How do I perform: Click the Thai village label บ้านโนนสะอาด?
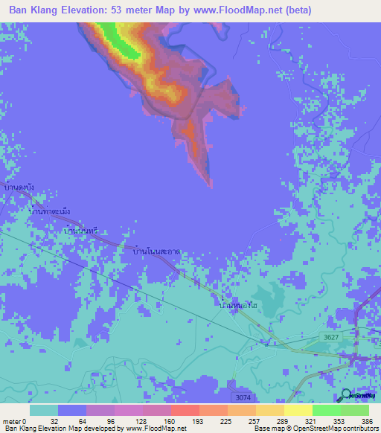pyautogui.click(x=156, y=254)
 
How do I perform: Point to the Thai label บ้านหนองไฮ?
pyautogui.click(x=240, y=305)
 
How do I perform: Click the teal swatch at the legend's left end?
pyautogui.click(x=44, y=410)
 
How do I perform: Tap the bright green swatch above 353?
pyautogui.click(x=326, y=410)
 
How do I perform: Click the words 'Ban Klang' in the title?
pyautogui.click(x=33, y=10)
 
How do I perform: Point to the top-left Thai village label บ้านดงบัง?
pyautogui.click(x=19, y=187)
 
